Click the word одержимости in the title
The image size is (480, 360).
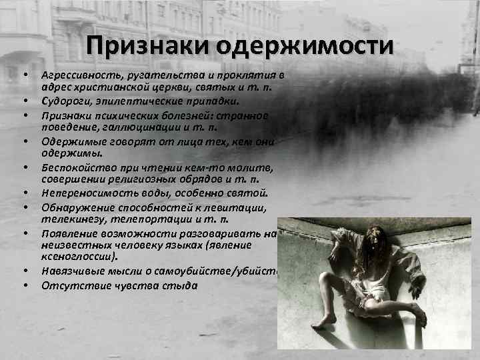click(293, 46)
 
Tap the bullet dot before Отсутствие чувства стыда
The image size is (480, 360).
click(25, 286)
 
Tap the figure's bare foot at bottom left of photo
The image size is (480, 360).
click(325, 323)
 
